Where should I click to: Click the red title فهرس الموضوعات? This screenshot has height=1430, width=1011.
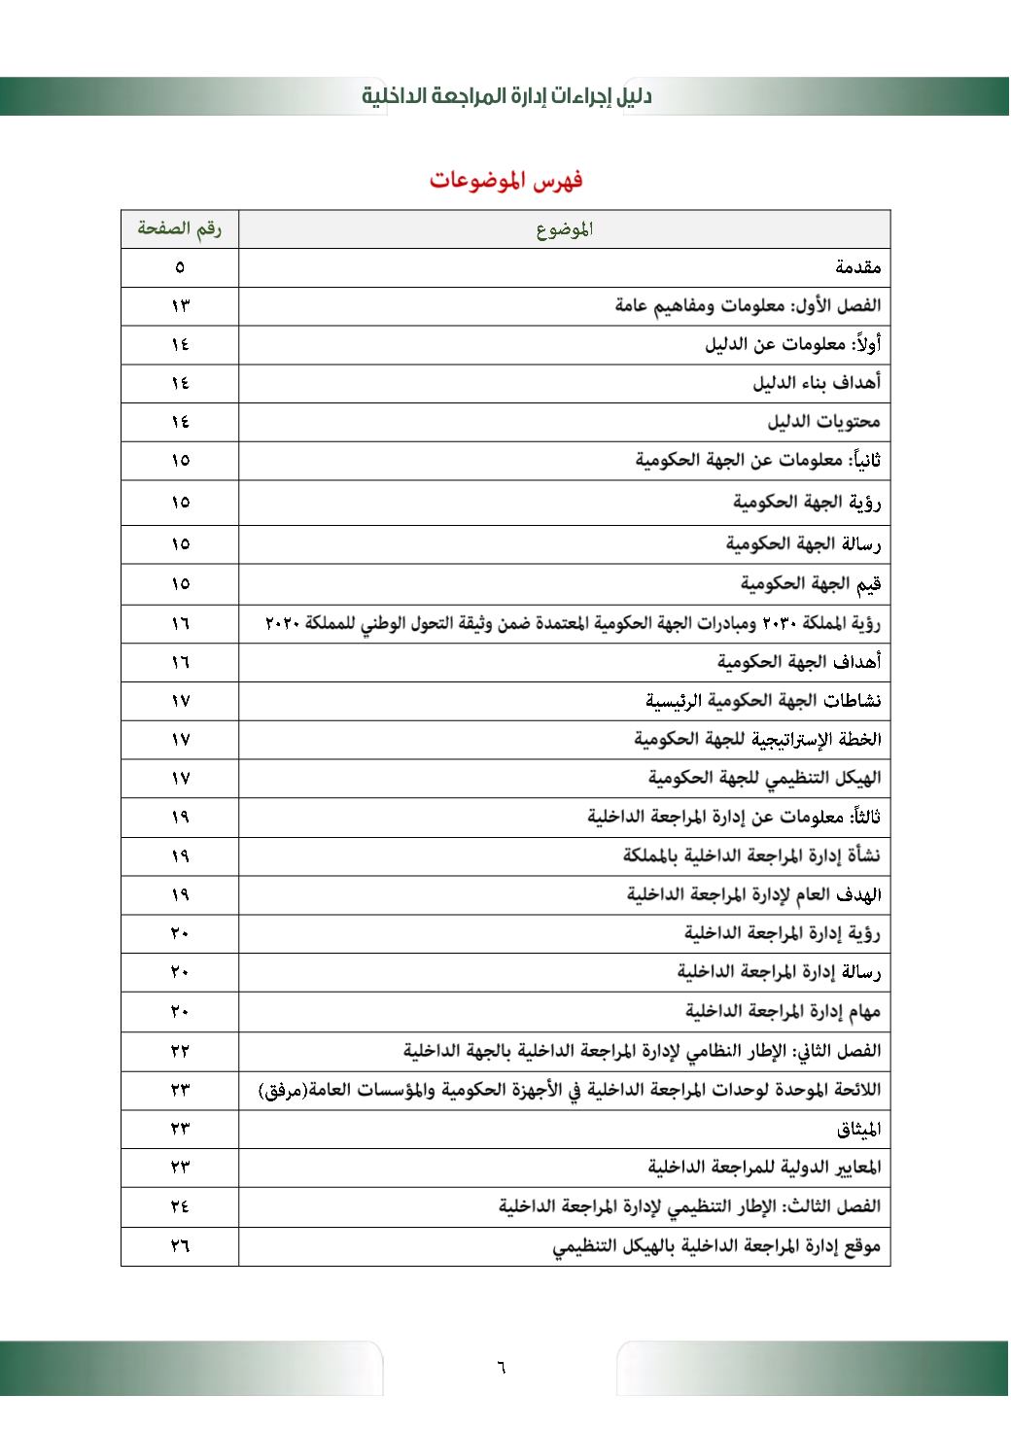point(505,180)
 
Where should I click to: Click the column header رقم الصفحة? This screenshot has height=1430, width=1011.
point(179,228)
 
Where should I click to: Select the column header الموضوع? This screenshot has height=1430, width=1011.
point(564,229)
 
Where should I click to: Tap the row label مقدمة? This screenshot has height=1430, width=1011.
point(857,266)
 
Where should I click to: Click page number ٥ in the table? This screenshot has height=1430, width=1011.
point(180,267)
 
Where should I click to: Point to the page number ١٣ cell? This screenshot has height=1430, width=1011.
point(180,306)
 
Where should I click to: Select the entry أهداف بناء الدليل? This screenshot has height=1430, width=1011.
point(817,383)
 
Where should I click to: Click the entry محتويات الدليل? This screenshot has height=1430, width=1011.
point(823,422)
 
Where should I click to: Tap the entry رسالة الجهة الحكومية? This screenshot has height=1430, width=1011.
point(803,543)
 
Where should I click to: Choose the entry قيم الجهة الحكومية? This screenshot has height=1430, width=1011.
point(810,583)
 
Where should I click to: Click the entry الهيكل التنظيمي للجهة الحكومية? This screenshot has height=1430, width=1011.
point(764,778)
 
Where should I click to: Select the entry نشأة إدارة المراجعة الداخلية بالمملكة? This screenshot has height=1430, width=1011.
point(751,855)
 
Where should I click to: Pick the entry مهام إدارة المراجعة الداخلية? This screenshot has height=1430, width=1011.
point(783,1011)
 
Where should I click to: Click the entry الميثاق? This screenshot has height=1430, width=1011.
point(858,1129)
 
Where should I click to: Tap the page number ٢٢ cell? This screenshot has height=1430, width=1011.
point(180,1051)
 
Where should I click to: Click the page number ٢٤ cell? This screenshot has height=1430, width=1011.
point(180,1206)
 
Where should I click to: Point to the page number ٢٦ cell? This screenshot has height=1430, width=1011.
point(180,1246)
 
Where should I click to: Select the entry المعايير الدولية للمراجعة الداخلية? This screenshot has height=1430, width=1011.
point(764,1167)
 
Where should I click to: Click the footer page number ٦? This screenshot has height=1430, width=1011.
point(501,1368)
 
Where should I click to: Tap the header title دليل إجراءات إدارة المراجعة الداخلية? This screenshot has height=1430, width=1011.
point(506,96)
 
